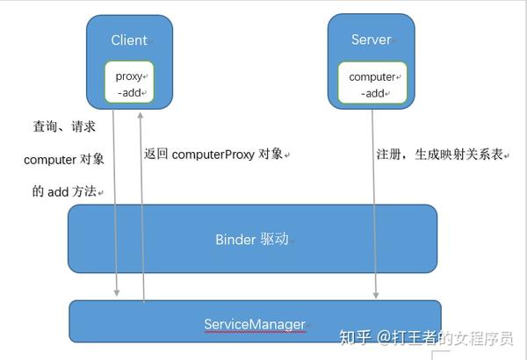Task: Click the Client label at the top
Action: (x=129, y=40)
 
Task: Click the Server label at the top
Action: (x=371, y=40)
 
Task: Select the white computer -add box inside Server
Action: (x=372, y=84)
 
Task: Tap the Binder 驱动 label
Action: (x=251, y=239)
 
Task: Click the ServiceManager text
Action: (x=255, y=324)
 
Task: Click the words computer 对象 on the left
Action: (x=63, y=159)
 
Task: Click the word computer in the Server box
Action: (x=372, y=76)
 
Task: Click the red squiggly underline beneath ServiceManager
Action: (x=255, y=333)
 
